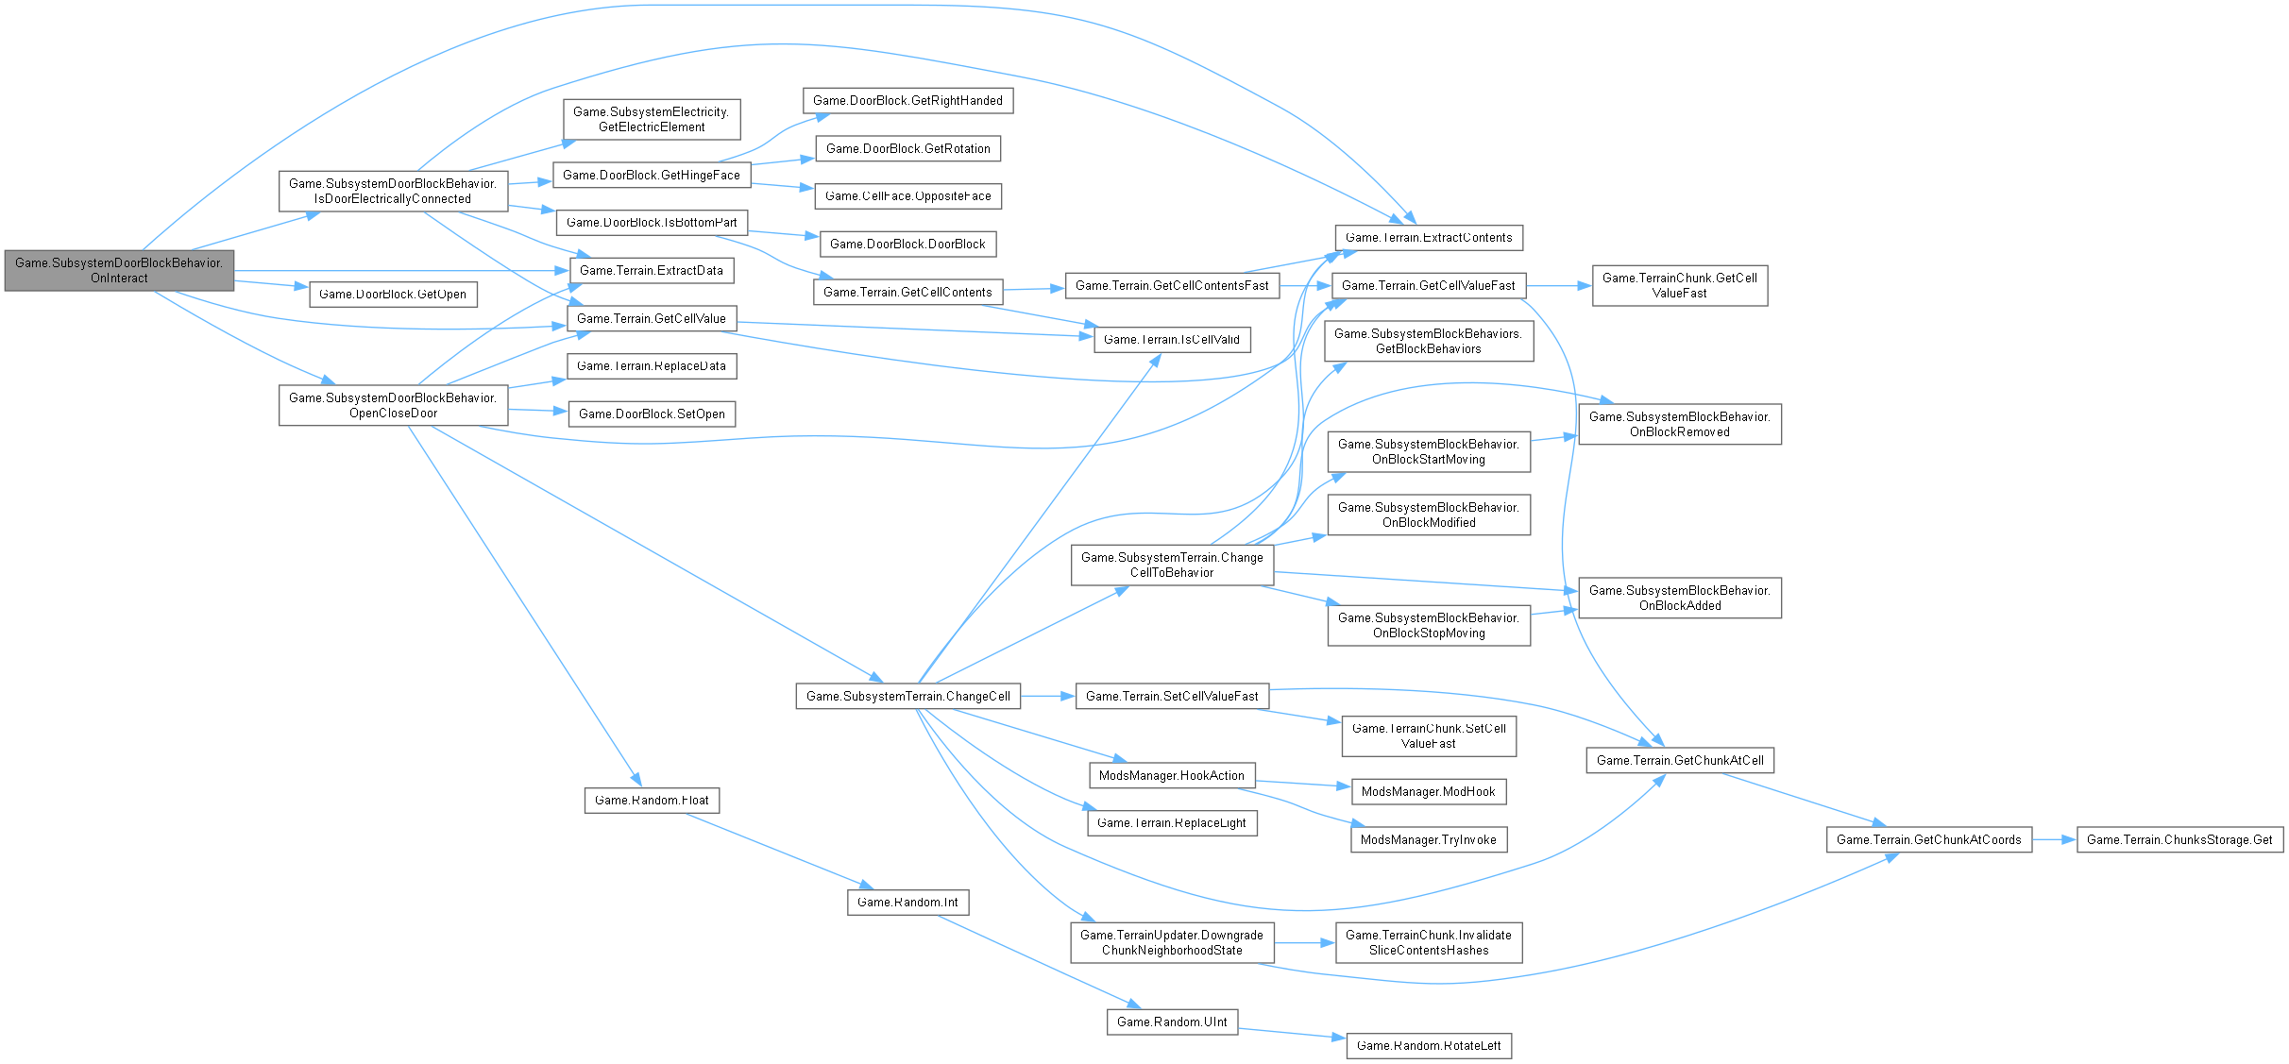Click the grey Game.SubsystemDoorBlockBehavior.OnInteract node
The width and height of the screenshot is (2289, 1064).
(119, 270)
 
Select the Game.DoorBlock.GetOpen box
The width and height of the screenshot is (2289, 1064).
(393, 294)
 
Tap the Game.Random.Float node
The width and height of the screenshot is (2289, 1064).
(652, 800)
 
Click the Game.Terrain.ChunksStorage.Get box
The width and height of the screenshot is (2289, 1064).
(2179, 839)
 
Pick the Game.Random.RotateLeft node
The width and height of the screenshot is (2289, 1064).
(1429, 1045)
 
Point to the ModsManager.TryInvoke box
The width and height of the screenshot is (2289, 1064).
(1429, 839)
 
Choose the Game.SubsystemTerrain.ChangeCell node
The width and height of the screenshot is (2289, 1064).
(907, 696)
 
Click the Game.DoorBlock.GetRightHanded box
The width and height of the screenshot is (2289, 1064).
(907, 100)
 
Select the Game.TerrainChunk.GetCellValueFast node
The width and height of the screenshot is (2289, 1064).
(1679, 285)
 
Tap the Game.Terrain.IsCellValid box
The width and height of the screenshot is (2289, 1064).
(1172, 339)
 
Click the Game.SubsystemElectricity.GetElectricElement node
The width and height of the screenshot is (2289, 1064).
(652, 119)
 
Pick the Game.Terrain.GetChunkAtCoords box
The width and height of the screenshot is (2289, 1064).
(1928, 839)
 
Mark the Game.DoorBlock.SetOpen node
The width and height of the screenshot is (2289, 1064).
(652, 414)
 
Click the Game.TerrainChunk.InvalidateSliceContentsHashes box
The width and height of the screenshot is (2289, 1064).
(1429, 942)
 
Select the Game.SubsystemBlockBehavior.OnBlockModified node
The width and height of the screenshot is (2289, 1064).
(1429, 515)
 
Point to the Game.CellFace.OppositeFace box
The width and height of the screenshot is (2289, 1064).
(907, 195)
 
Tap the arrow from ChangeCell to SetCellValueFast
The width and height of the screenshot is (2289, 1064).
(1048, 696)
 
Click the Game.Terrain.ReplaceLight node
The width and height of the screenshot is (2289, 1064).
(1172, 822)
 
